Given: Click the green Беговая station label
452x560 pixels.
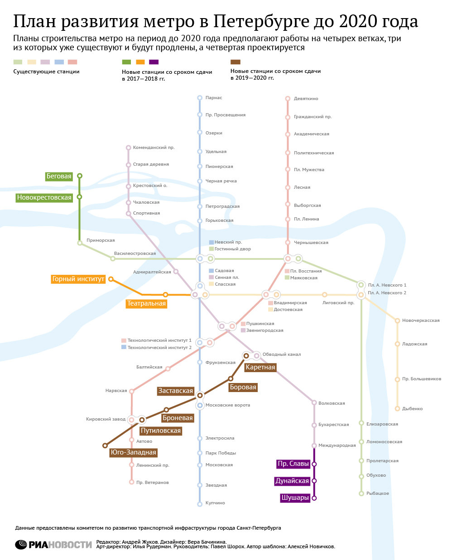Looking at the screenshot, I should (x=59, y=176).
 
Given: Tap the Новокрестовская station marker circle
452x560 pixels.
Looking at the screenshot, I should (x=80, y=197).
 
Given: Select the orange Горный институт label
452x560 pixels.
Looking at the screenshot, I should (x=78, y=279).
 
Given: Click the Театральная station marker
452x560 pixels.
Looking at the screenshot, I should (x=165, y=295).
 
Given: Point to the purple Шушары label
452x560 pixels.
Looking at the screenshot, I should (x=295, y=498).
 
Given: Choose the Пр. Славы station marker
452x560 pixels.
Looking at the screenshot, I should (x=314, y=464).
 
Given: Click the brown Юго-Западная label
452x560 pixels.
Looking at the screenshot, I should (x=134, y=452).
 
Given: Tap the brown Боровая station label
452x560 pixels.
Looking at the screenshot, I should (x=243, y=387).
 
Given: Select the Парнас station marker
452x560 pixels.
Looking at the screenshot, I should (x=200, y=98).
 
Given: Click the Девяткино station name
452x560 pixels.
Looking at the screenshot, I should (x=306, y=99).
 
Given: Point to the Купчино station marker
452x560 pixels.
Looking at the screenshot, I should (x=200, y=504).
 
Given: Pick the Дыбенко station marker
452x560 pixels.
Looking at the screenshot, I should (x=398, y=409).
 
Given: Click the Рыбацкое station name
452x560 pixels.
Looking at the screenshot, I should (x=377, y=493).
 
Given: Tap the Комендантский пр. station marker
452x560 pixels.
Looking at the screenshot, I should (x=129, y=148).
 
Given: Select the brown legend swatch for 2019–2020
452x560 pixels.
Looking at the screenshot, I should (x=236, y=62).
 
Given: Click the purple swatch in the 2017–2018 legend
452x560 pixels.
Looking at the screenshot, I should (x=154, y=62).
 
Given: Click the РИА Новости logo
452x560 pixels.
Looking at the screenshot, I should (x=53, y=545).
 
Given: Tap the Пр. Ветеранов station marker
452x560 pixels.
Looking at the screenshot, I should (x=132, y=483).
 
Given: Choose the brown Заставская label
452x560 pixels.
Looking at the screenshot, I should (x=175, y=391).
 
